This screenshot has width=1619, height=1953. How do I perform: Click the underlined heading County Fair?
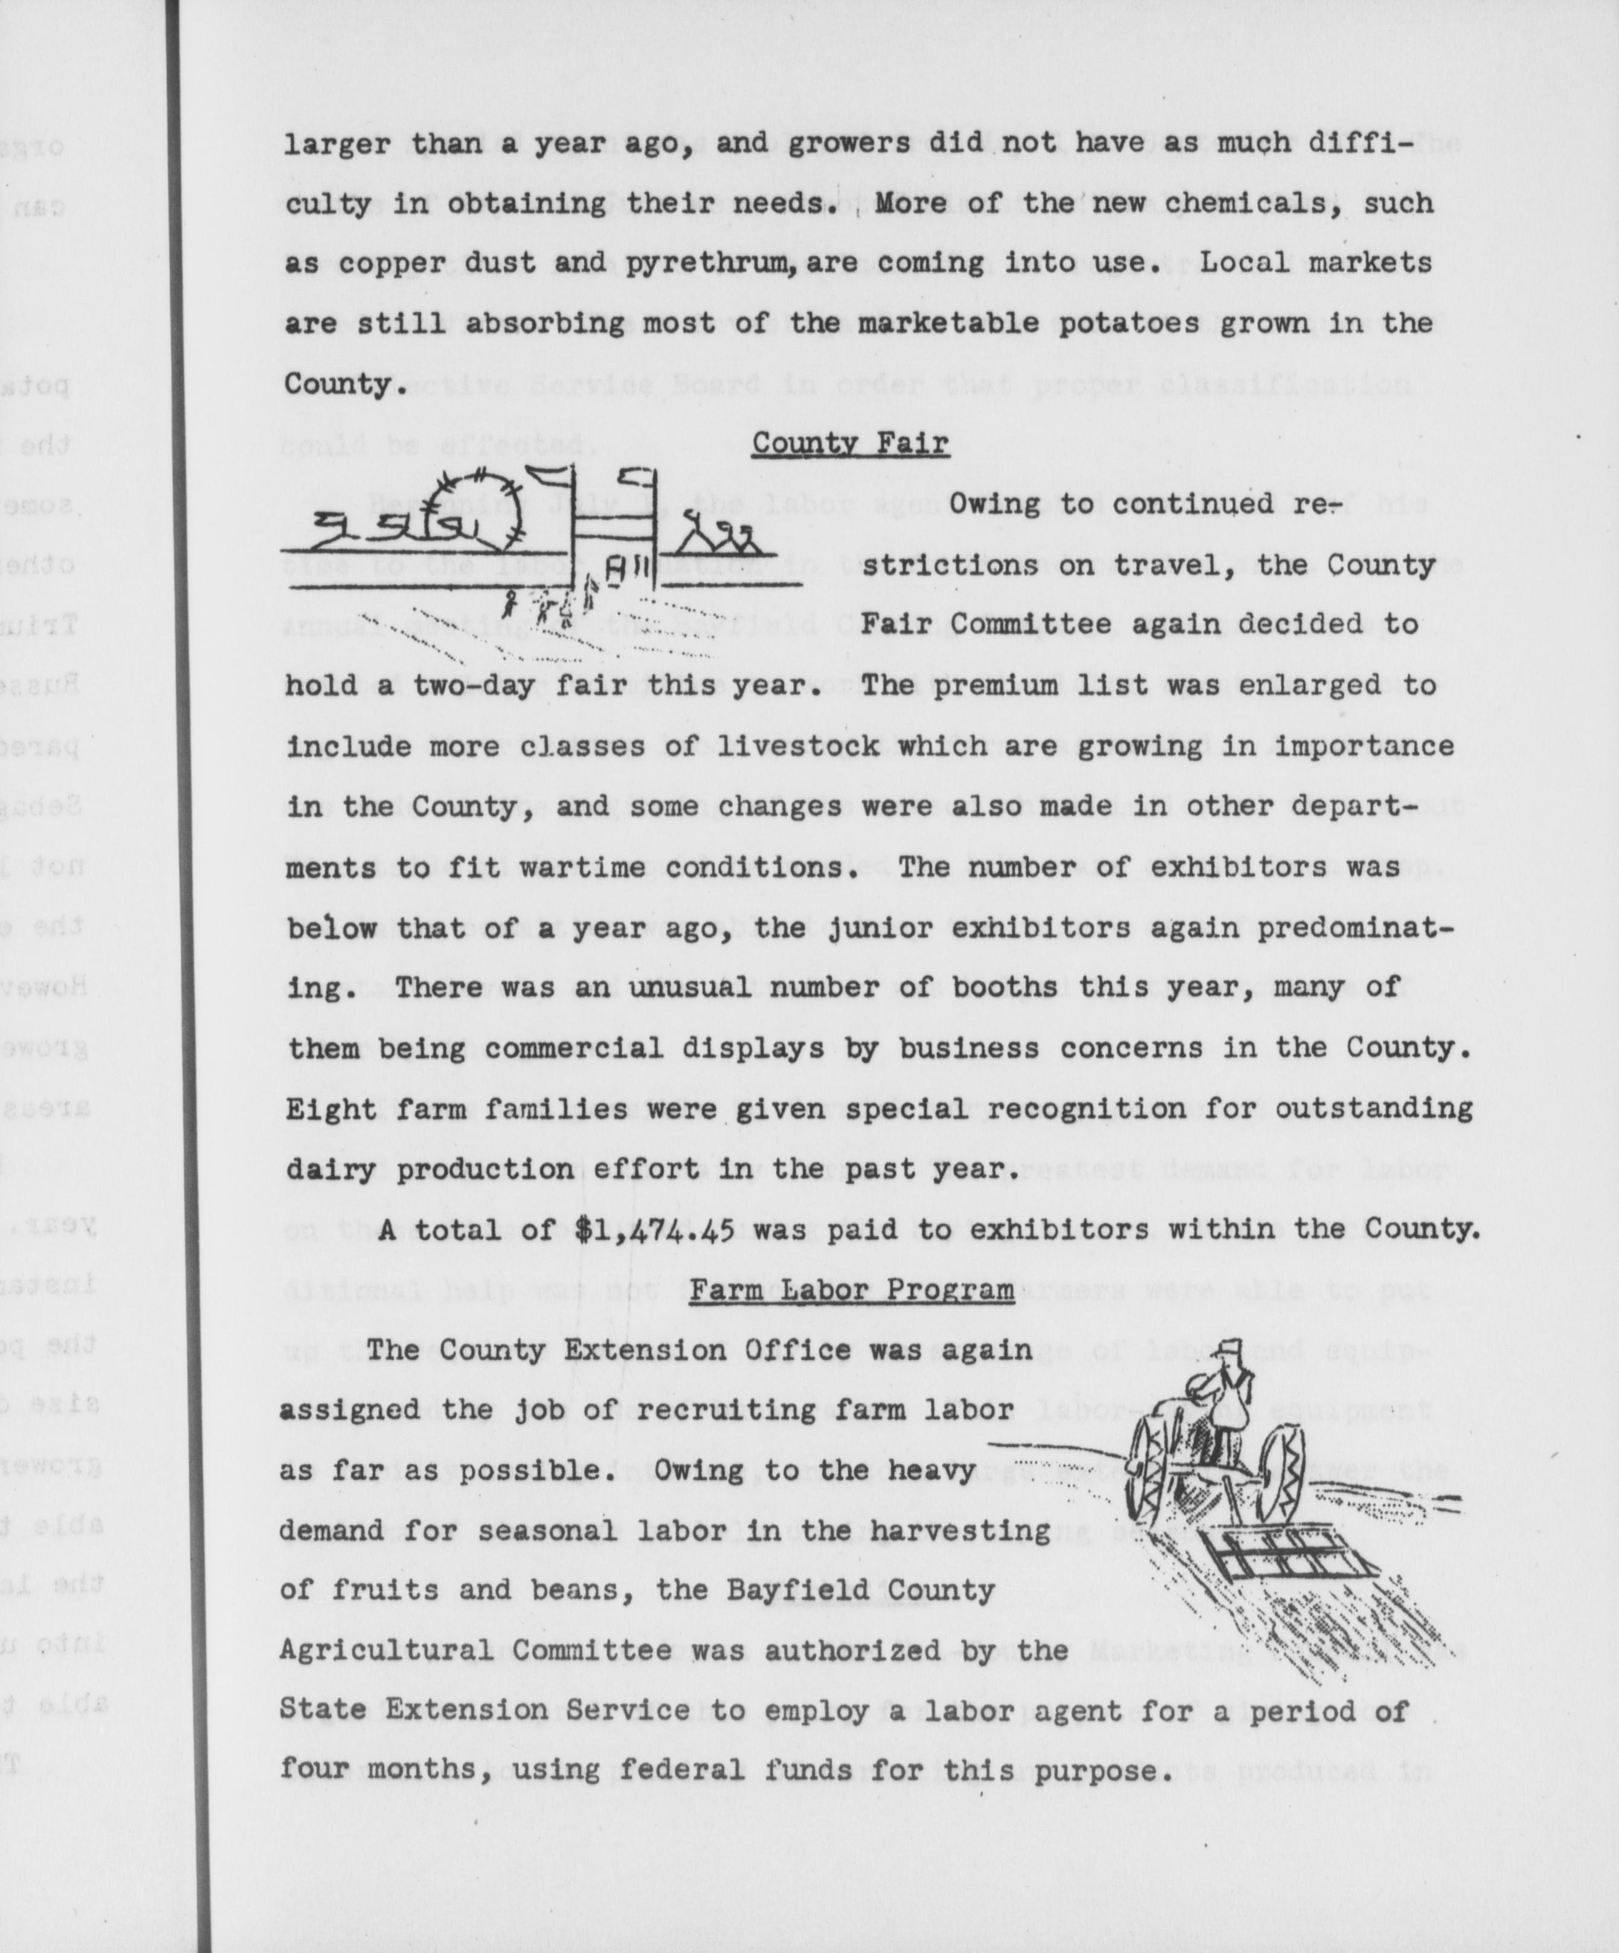tap(850, 444)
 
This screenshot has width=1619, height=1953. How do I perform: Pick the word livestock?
tap(798, 746)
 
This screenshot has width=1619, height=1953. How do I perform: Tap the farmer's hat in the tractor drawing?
tap(1231, 1348)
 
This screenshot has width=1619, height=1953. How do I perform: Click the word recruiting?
tap(713, 1410)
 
